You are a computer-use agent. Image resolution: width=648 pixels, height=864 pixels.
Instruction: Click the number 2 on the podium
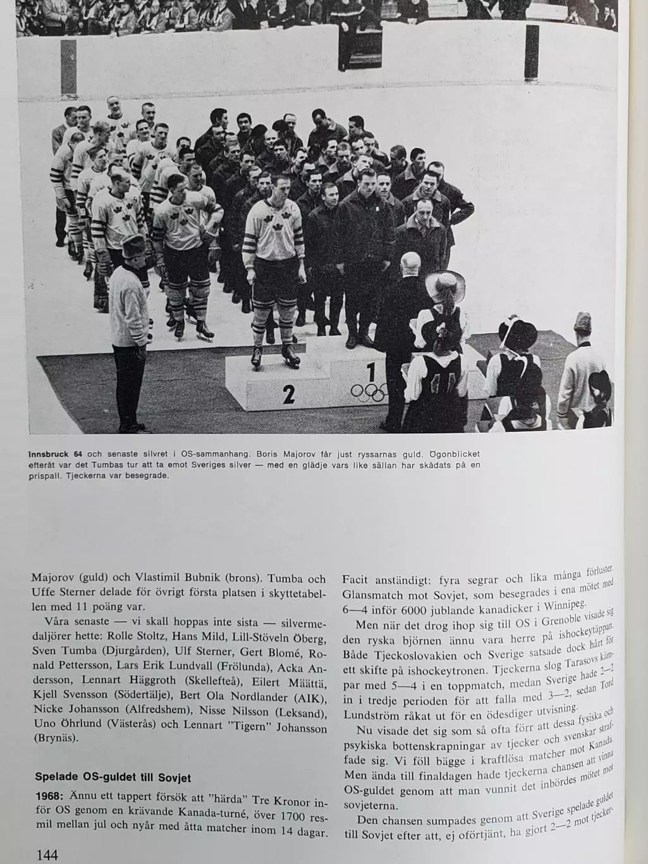point(288,394)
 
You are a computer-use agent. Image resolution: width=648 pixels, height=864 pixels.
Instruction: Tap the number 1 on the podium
point(371,371)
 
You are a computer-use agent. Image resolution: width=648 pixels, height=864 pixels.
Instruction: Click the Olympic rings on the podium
point(368,393)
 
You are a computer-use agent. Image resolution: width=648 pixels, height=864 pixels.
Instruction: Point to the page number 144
point(47,855)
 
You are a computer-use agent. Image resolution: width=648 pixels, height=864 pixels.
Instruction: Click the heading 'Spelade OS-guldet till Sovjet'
point(113,777)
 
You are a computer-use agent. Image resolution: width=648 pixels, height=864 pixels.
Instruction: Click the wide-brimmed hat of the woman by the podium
point(445,286)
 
